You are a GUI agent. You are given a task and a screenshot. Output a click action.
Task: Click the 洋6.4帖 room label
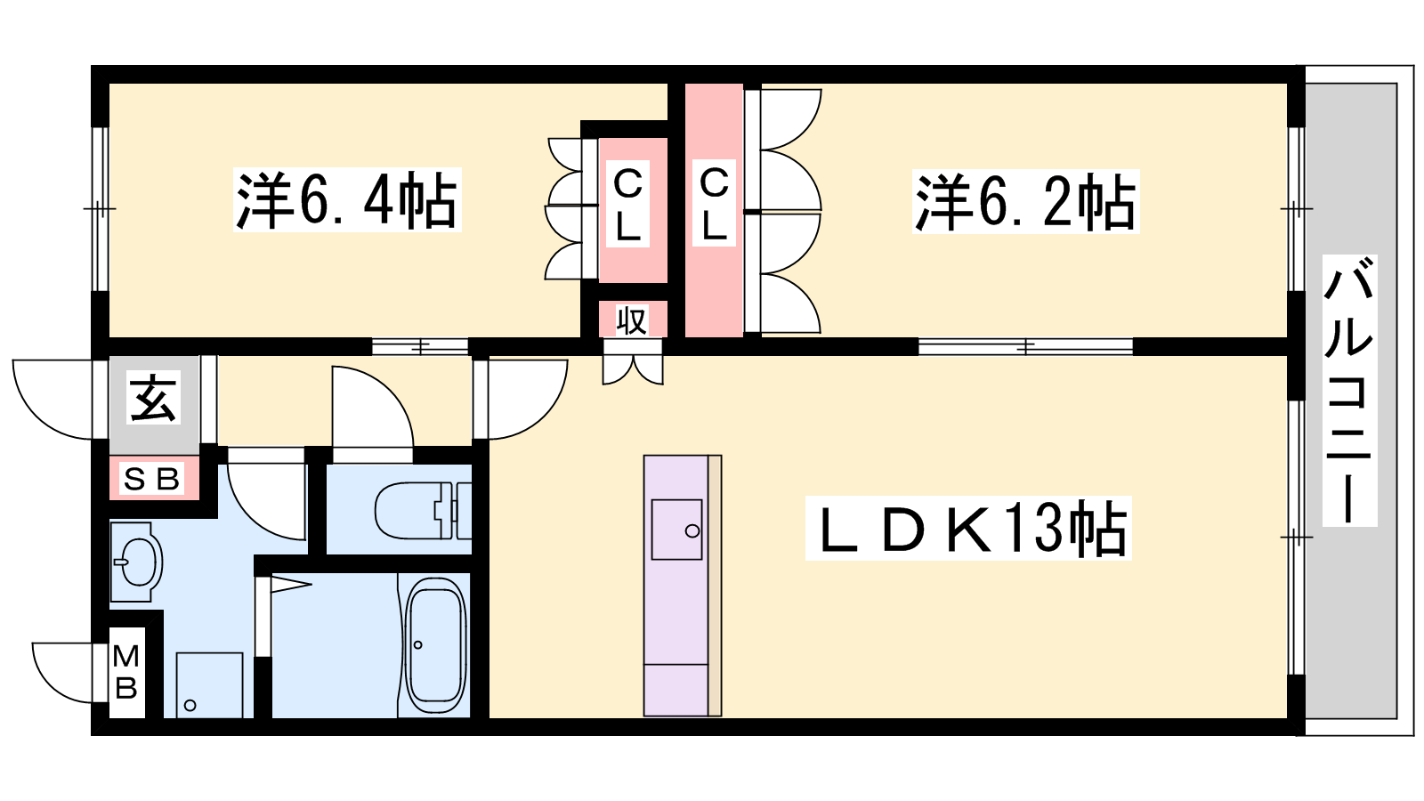pos(347,200)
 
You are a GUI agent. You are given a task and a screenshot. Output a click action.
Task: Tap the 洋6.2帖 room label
pos(1025,201)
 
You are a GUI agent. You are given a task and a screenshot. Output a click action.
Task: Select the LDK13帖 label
pos(968,529)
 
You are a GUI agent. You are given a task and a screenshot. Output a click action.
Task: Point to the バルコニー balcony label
pos(1349,391)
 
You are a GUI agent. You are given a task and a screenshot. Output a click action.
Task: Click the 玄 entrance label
pos(153,397)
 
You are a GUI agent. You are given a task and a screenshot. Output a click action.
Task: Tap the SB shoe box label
pos(152,479)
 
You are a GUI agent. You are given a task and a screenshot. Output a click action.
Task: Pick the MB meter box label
pos(125,671)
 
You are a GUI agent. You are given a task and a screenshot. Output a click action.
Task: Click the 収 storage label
pos(632,321)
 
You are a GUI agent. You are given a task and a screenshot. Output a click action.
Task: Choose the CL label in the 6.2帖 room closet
pos(714,203)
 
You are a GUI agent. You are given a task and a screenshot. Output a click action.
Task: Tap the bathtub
pos(436,646)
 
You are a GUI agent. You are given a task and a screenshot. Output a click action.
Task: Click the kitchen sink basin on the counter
pos(676,530)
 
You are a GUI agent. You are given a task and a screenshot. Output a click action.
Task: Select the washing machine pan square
pos(209,684)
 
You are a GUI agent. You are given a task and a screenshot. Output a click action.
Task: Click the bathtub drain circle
pos(417,645)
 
